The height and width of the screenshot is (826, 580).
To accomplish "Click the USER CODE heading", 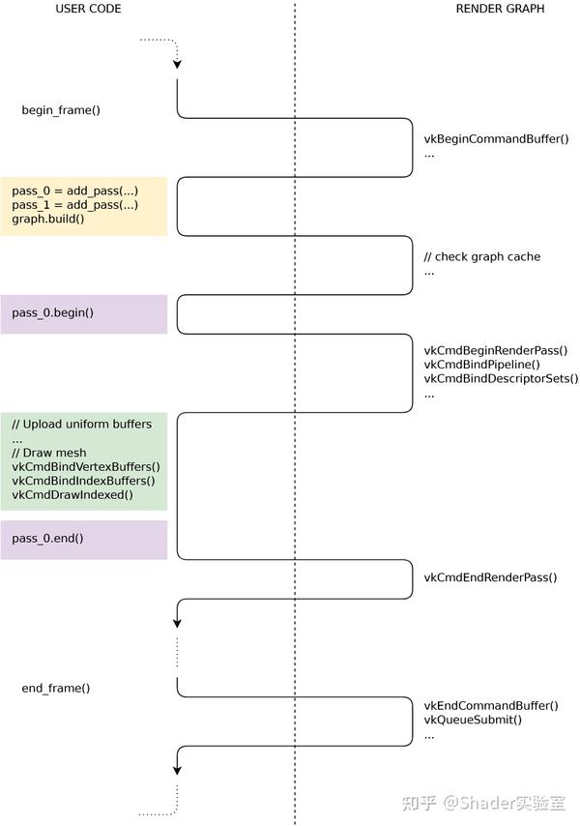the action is point(88,9).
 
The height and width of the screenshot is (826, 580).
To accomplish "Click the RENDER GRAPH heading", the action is point(500,9).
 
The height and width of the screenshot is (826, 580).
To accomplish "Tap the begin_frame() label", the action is point(61,110).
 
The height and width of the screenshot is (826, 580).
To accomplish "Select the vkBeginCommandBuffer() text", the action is point(496,139).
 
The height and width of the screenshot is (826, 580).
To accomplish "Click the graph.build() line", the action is point(48,219).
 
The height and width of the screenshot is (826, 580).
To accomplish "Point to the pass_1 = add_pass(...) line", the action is point(74,204).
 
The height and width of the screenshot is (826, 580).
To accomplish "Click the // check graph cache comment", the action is point(482,256).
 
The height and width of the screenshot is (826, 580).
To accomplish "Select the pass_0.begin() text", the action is point(52,313).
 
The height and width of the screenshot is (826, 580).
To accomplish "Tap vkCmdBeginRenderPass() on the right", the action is point(496,351).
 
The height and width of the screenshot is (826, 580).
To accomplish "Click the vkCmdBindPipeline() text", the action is point(481,365).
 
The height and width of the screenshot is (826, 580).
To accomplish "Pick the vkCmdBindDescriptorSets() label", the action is point(501,379).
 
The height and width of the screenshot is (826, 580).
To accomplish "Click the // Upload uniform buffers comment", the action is point(81,424).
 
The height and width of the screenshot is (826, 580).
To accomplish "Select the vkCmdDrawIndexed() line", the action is point(72,494).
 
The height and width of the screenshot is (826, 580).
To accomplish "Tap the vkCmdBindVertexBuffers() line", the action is point(86,467).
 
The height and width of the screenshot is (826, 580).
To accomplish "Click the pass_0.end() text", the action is point(47,539).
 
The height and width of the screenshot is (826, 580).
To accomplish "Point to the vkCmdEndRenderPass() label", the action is point(490,577).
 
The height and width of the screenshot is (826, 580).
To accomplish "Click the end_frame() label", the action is point(56,688).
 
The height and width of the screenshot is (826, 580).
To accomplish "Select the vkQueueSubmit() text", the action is point(473,720).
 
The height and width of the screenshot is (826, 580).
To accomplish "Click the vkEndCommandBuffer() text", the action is point(491,706).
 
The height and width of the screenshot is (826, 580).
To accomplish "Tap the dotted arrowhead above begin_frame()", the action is point(177,64).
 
